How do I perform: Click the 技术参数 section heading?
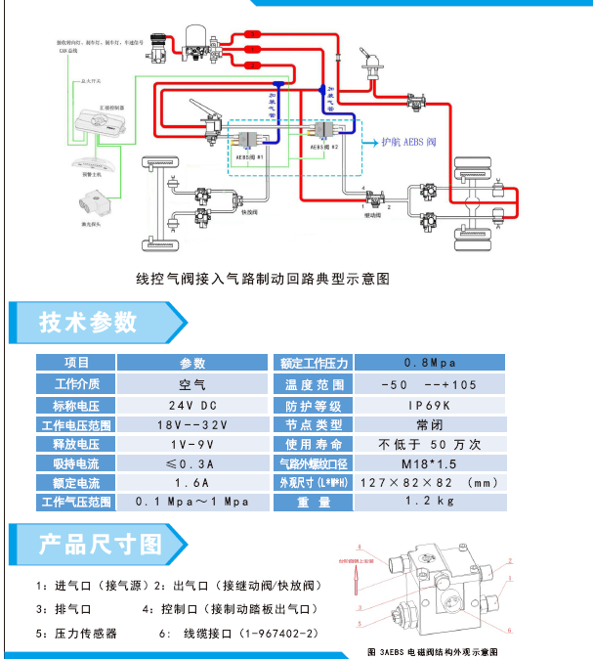click(x=87, y=322)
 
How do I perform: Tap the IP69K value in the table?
click(x=430, y=405)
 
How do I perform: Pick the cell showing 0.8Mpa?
click(x=430, y=362)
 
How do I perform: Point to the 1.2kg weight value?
click(x=430, y=502)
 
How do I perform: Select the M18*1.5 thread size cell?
click(x=430, y=462)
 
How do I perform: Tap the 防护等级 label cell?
click(x=314, y=405)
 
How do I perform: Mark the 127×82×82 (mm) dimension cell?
click(x=430, y=482)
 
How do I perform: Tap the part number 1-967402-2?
click(x=282, y=634)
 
